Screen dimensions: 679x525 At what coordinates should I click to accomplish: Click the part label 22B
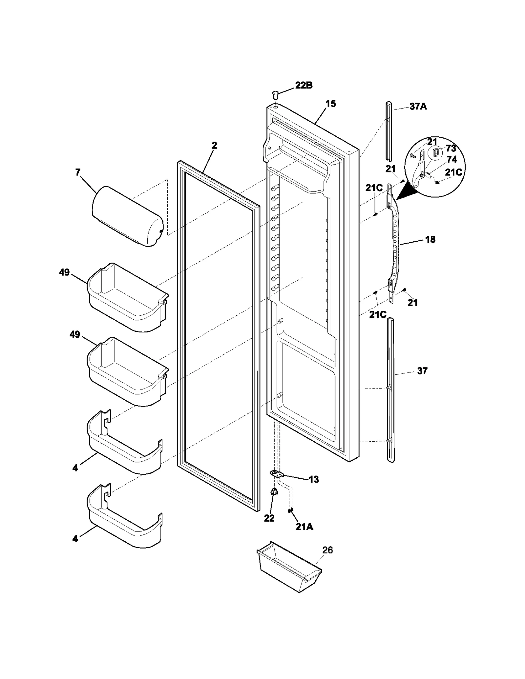(x=304, y=86)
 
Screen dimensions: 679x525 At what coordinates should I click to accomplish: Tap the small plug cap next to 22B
(x=275, y=96)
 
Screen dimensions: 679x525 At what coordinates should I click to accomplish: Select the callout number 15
(x=330, y=104)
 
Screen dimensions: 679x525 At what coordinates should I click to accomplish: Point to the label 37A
(x=418, y=106)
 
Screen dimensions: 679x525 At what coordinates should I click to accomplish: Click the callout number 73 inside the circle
(x=451, y=149)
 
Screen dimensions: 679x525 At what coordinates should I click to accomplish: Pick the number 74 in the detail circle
(x=452, y=160)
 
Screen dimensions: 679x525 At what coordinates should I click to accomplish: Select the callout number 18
(x=430, y=239)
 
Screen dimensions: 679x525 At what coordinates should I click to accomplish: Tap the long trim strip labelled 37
(x=390, y=390)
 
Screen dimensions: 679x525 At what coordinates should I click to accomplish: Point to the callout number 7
(x=78, y=172)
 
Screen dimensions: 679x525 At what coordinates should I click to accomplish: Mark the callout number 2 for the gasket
(x=214, y=145)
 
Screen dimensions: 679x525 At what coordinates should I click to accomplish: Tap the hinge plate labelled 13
(x=278, y=473)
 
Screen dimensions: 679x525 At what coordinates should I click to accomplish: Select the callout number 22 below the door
(x=269, y=518)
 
